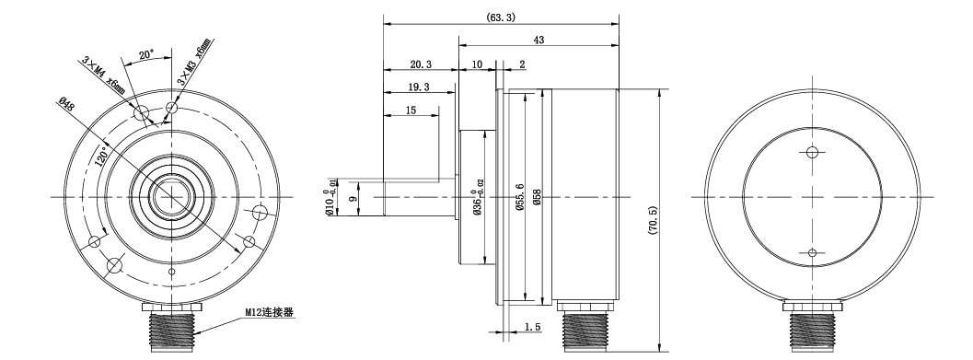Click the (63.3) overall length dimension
click(501, 17)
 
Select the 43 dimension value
click(539, 41)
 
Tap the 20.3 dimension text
click(421, 64)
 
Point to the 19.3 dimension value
click(419, 87)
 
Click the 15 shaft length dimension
click(411, 110)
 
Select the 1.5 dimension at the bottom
click(532, 327)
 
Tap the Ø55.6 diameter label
click(520, 197)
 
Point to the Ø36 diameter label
click(478, 197)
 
